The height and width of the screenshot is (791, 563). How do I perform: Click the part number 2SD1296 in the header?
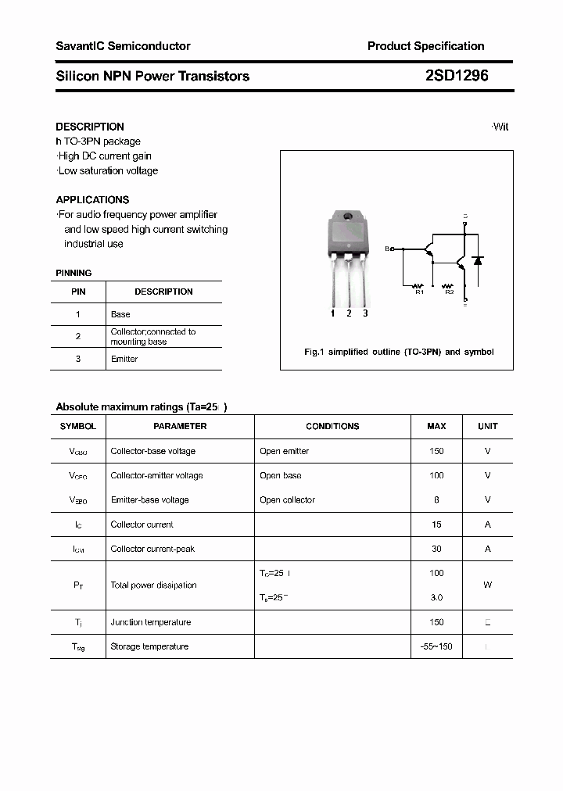point(457,76)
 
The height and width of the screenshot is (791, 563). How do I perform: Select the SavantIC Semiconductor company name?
point(123,46)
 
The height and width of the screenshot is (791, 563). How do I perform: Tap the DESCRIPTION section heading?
point(90,127)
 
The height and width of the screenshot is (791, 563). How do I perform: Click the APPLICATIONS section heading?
point(92,199)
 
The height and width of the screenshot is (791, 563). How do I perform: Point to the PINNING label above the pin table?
point(74,273)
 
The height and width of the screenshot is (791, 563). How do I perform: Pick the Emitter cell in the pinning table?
point(124,359)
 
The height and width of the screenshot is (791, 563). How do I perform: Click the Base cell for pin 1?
point(120,314)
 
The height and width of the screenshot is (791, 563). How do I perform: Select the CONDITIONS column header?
point(332,426)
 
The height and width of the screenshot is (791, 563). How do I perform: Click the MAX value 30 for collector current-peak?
point(436,549)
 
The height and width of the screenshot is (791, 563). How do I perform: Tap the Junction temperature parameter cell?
point(151,622)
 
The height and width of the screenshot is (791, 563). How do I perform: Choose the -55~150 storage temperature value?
point(436,646)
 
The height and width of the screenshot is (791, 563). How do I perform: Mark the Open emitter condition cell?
point(285,451)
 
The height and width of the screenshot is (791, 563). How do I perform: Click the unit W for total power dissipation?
point(487,585)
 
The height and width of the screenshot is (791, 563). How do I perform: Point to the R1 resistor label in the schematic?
point(418,292)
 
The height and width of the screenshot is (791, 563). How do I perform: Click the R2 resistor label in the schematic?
point(449,292)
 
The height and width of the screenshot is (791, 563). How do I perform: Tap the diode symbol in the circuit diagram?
point(478,260)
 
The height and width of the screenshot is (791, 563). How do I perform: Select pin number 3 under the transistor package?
point(365,313)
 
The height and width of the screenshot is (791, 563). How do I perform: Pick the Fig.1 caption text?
point(399,352)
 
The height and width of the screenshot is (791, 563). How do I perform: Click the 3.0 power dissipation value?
point(436,597)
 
